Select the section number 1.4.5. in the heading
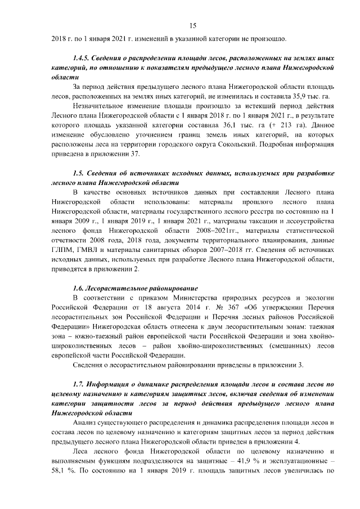coord(83,58)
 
